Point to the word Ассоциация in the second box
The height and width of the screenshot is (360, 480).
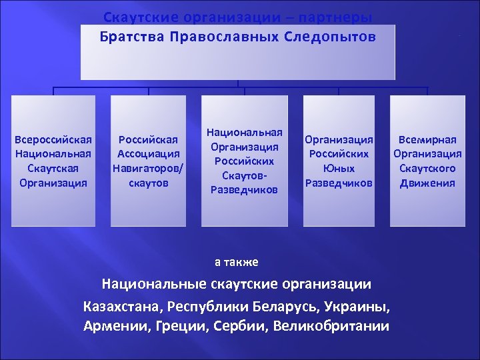point(148,154)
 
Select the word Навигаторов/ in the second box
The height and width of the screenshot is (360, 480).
point(148,168)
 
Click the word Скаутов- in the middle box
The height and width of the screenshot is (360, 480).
point(245,175)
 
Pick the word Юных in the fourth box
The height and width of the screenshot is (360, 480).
point(339,168)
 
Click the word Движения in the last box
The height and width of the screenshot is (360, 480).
point(427,183)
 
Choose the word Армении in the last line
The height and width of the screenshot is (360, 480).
point(113,326)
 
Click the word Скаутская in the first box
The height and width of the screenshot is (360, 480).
point(53,168)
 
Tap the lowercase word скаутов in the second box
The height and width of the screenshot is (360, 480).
point(148,183)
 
